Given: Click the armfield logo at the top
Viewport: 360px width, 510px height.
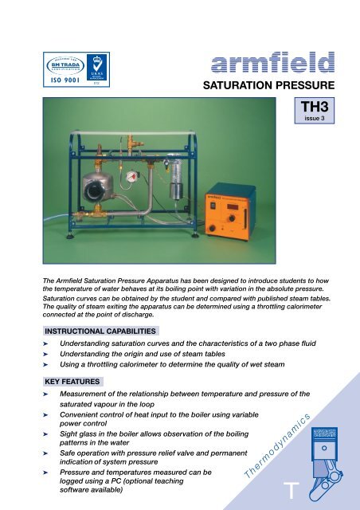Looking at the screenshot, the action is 271,64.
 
